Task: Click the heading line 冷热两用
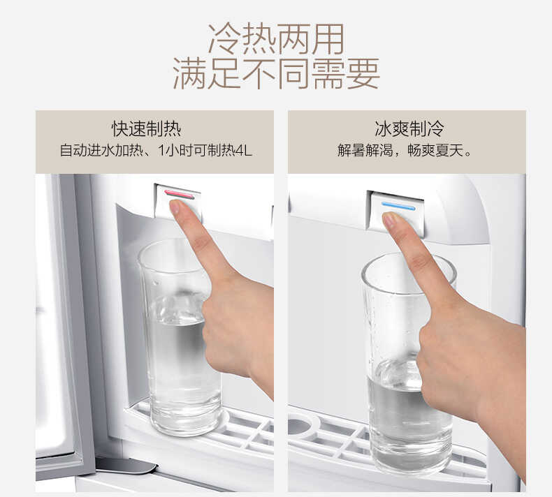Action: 276,38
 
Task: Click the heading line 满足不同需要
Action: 276,73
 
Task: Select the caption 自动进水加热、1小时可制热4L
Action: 154,150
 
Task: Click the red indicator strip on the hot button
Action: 180,194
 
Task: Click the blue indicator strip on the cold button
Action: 398,206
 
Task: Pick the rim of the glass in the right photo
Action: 409,265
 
